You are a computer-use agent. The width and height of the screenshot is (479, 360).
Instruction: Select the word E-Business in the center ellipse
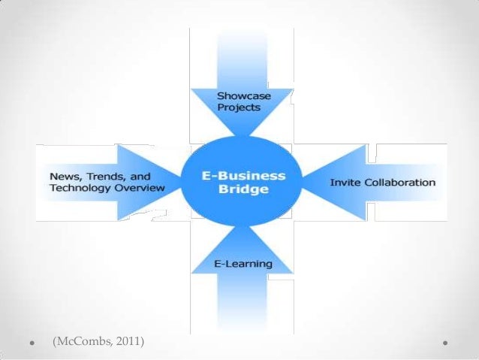pyautogui.click(x=243, y=176)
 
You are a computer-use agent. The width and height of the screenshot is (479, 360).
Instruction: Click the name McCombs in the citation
pyautogui.click(x=82, y=343)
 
